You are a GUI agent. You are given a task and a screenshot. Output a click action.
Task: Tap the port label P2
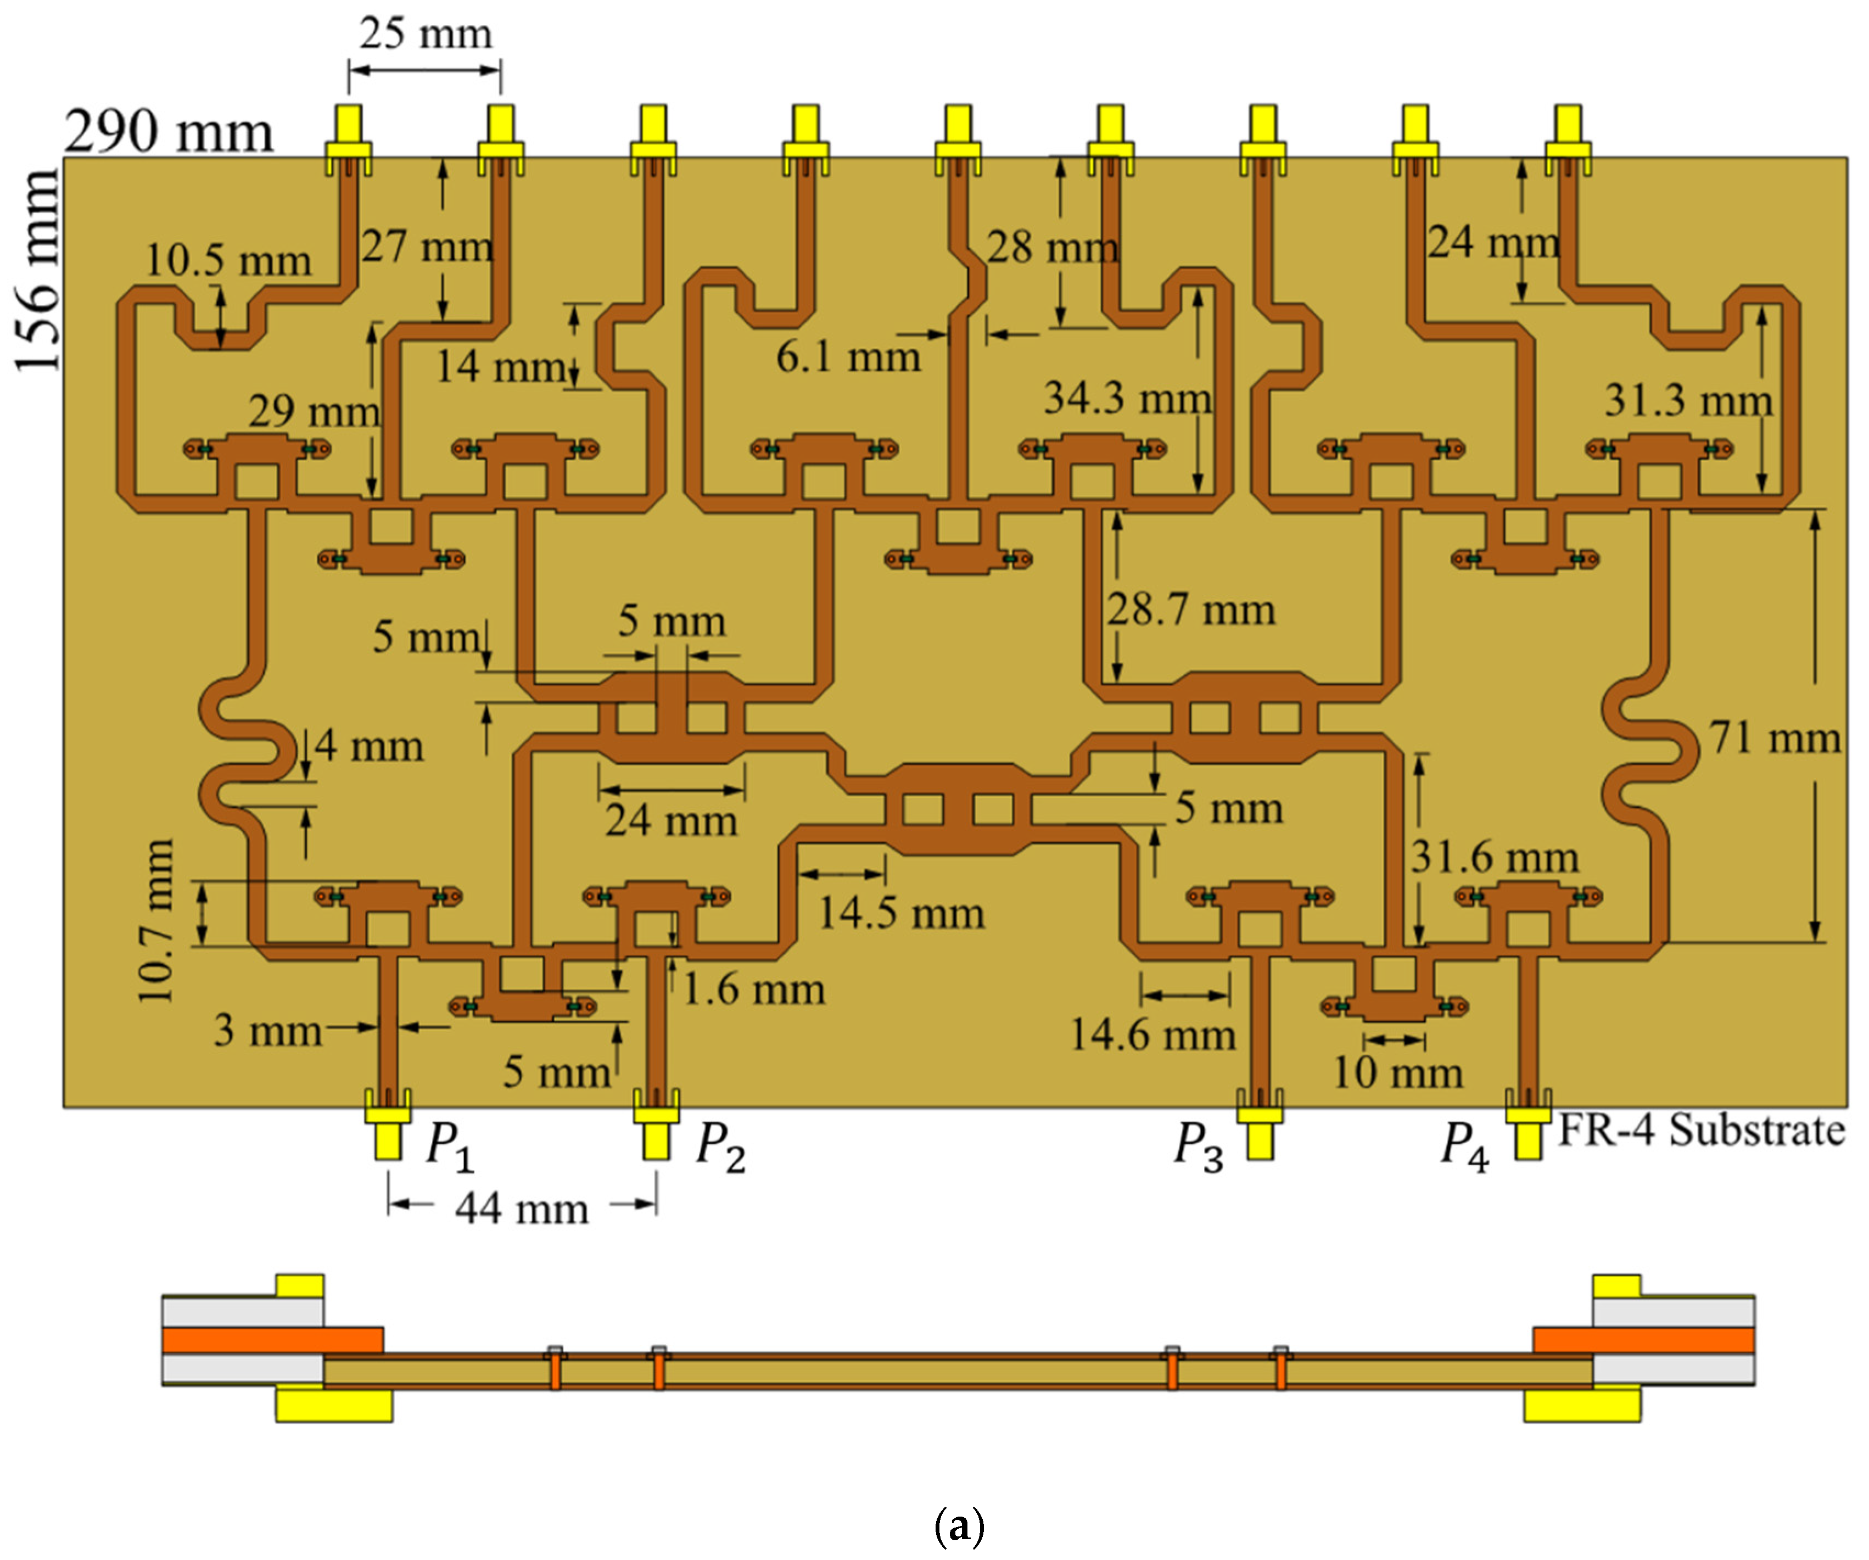point(720,1145)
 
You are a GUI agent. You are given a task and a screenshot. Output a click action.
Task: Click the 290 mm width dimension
point(169,132)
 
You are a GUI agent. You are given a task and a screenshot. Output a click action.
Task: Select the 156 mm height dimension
point(37,271)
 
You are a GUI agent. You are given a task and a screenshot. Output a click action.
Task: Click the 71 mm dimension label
point(1774,738)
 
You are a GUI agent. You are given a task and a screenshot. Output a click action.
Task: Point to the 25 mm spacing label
point(426,34)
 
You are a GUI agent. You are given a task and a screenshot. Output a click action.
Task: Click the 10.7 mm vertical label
point(156,921)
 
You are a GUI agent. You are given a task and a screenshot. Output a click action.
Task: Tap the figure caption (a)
point(959,1525)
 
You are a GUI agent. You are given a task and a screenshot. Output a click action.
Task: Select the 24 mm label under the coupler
point(671,820)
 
